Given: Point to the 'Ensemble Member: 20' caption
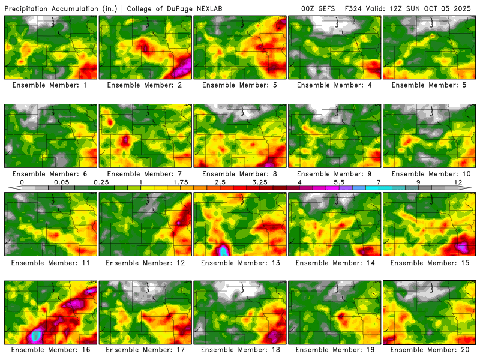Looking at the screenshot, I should pyautogui.click(x=430, y=349).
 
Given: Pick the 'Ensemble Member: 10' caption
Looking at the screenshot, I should pyautogui.click(x=430, y=173).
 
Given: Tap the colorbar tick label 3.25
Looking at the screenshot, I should pyautogui.click(x=260, y=181).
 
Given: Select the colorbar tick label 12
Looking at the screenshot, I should pyautogui.click(x=458, y=181).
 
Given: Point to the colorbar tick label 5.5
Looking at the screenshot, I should pyautogui.click(x=339, y=181).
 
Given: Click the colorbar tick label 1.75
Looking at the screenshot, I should pyautogui.click(x=181, y=181).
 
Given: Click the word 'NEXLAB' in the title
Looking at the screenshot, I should pyautogui.click(x=216, y=8).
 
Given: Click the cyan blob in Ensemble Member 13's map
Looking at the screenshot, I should pyautogui.click(x=224, y=250).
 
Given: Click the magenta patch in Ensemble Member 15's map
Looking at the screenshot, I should pyautogui.click(x=463, y=246).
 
